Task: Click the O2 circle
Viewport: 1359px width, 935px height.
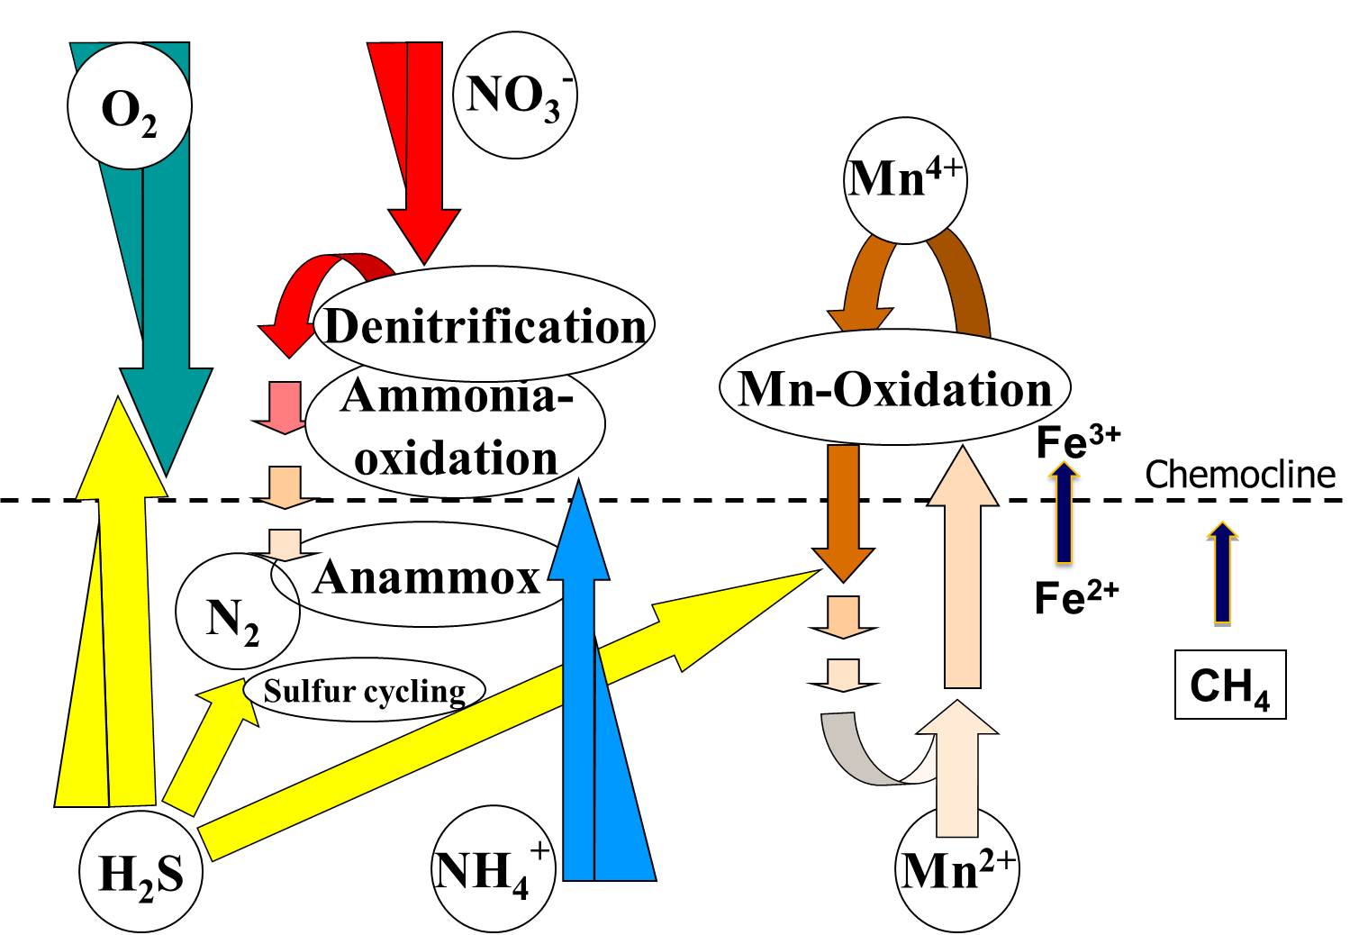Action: (130, 106)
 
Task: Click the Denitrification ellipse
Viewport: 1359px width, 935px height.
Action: (485, 324)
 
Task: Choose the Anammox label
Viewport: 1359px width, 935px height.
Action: (426, 576)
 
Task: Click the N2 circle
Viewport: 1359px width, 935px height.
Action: (236, 617)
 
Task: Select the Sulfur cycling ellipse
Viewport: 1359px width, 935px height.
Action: (365, 691)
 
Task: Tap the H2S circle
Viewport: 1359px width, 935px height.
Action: (140, 871)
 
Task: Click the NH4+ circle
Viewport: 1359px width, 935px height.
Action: (492, 871)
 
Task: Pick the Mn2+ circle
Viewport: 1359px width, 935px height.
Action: (958, 869)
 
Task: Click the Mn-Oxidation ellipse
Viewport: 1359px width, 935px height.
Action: (895, 389)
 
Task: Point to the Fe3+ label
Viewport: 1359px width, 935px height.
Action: (1078, 441)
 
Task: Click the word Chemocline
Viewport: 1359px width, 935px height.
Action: (1240, 474)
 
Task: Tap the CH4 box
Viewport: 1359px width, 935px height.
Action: (1230, 685)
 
